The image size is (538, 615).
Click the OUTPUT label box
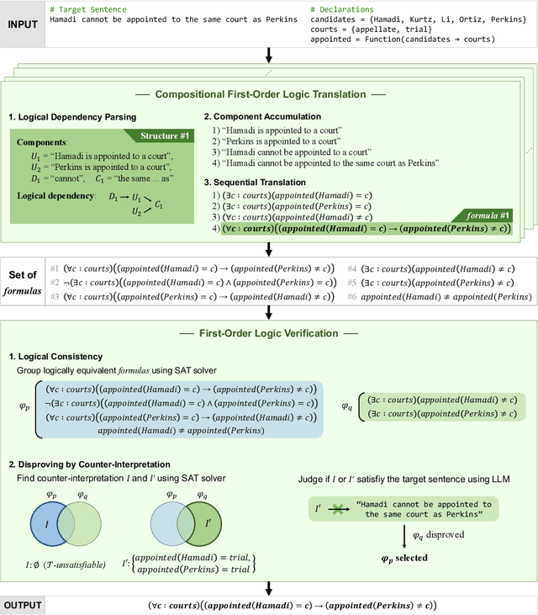(23, 604)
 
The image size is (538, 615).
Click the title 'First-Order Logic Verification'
(268, 332)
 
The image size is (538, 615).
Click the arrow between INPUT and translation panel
(269, 55)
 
